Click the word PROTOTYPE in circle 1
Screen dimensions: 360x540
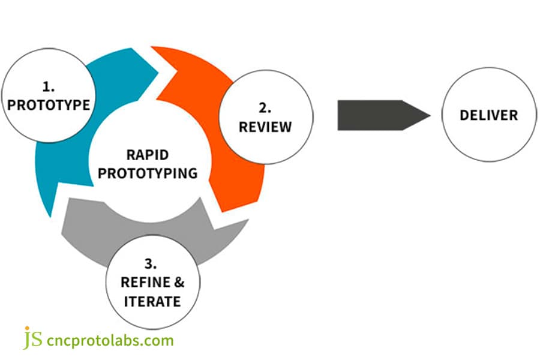point(49,105)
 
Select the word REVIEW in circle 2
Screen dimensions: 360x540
point(265,127)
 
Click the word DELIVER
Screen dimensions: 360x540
point(488,115)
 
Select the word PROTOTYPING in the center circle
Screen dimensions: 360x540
point(148,173)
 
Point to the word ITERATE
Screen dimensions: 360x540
point(151,301)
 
